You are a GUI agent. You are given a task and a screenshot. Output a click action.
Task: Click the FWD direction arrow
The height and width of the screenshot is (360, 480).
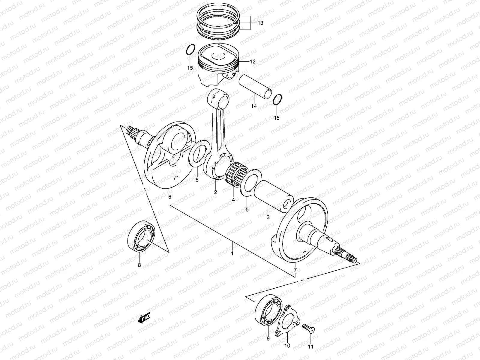(144, 318)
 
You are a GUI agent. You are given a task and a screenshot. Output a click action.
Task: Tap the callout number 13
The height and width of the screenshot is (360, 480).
(260, 23)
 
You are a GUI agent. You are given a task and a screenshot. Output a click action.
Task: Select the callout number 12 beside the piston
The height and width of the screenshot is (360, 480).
(252, 62)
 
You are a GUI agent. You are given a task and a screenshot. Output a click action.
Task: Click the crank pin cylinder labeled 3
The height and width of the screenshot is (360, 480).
(273, 195)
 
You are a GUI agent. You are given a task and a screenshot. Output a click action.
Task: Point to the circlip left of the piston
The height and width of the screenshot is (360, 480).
(190, 49)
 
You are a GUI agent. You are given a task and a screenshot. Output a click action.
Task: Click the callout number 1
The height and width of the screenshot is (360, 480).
(232, 253)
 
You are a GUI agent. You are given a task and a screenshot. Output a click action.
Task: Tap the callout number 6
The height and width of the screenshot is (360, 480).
(170, 197)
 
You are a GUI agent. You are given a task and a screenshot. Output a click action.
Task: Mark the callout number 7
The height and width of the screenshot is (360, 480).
(295, 270)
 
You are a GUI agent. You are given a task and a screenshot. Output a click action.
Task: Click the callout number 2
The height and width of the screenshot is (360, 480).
(215, 192)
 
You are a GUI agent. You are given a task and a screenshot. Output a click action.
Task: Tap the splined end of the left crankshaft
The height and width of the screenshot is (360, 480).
(132, 131)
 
